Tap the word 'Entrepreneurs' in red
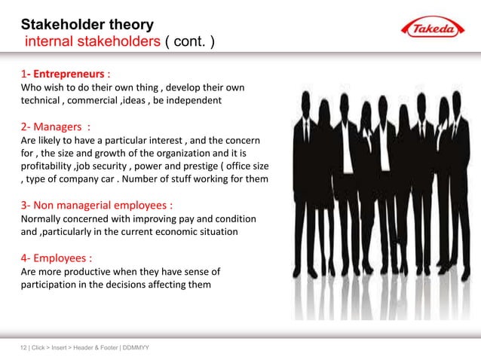click(66, 75)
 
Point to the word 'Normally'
click(43, 218)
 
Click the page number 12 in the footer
click(23, 347)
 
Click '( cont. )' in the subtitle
click(189, 41)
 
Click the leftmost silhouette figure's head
click(305, 99)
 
